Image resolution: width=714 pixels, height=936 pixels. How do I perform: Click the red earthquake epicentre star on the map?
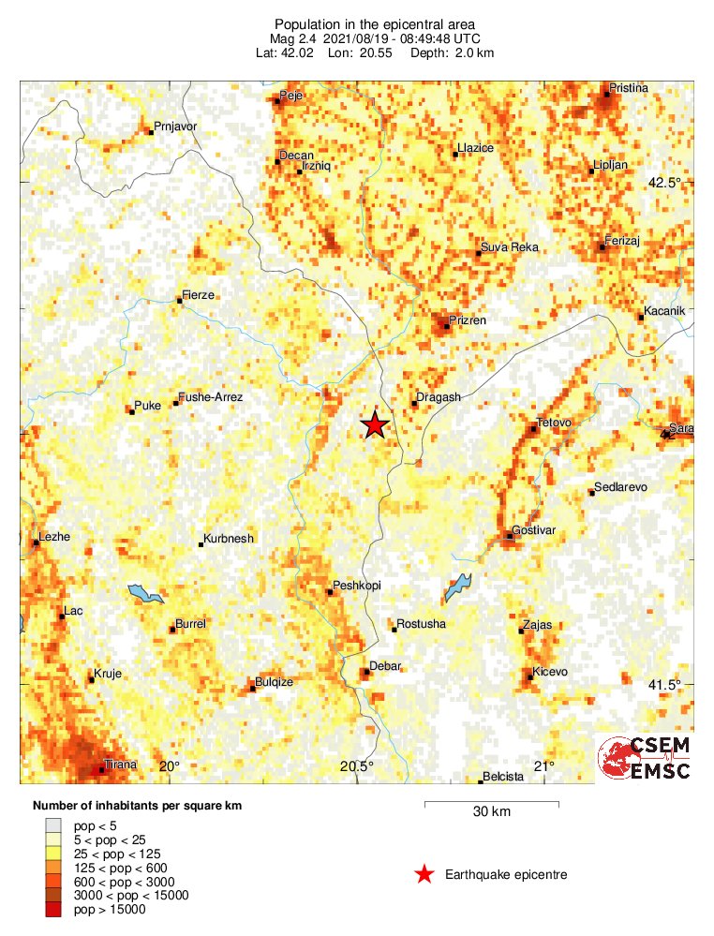[375, 425]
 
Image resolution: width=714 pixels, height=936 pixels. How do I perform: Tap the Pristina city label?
[628, 88]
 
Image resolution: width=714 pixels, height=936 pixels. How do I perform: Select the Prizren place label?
[469, 320]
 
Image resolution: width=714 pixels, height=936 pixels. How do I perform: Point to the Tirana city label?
[120, 765]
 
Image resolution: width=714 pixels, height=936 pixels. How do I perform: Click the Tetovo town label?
[554, 423]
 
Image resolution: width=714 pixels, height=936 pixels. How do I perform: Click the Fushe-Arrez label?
[211, 397]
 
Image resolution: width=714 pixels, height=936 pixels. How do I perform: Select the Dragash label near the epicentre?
[439, 397]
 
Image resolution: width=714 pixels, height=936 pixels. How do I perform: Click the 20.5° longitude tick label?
[356, 766]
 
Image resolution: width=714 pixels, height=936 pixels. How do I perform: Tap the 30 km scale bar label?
[492, 812]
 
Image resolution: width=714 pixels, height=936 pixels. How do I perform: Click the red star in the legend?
[424, 875]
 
